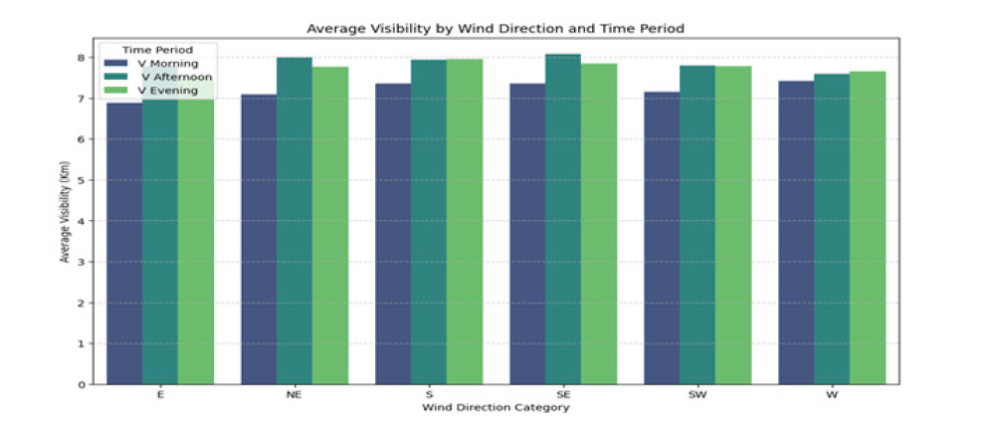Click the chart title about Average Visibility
coord(495,29)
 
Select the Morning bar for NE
coord(259,240)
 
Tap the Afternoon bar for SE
coord(563,219)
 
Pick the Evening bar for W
coord(868,228)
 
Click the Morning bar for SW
coord(662,238)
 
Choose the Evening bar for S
coord(465,222)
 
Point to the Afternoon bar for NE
coord(295,221)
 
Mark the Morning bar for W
coord(796,233)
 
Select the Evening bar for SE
coord(599,224)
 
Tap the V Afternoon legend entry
coord(158,77)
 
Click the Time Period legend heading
coord(158,50)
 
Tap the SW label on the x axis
coord(697,395)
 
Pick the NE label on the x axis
coord(295,395)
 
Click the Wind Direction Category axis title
coord(495,408)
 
